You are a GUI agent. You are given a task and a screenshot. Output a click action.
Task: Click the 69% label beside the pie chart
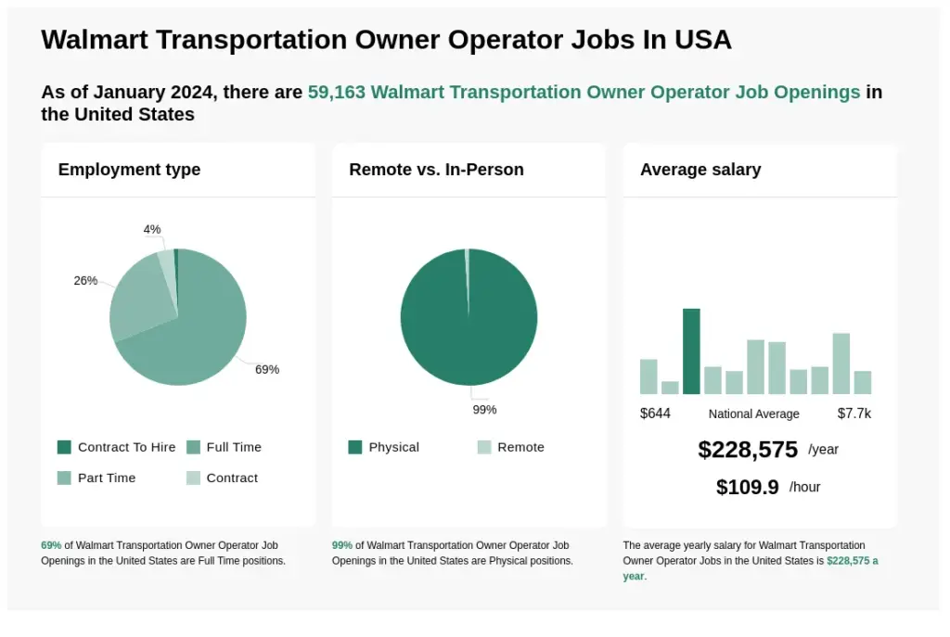pyautogui.click(x=267, y=369)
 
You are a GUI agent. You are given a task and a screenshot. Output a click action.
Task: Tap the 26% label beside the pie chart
pyautogui.click(x=85, y=281)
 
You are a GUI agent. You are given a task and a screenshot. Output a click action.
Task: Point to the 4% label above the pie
pyautogui.click(x=152, y=229)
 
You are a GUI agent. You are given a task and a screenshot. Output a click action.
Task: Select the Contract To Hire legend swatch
pyautogui.click(x=64, y=447)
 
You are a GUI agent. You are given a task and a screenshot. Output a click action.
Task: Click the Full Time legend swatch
pyautogui.click(x=193, y=447)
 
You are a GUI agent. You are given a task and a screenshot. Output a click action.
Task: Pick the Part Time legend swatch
pyautogui.click(x=64, y=478)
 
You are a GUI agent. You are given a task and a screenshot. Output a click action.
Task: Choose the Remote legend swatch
pyautogui.click(x=484, y=447)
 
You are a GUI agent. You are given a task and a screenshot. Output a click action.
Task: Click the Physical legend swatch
pyautogui.click(x=355, y=447)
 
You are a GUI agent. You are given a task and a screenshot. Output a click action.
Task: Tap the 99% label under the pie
pyautogui.click(x=484, y=410)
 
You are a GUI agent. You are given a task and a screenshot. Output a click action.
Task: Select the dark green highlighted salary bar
pyautogui.click(x=691, y=350)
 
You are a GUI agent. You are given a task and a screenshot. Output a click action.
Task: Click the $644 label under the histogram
pyautogui.click(x=655, y=414)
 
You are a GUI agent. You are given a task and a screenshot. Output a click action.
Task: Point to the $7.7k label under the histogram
pyautogui.click(x=854, y=414)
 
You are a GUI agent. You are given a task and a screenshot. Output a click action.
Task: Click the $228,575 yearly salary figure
pyautogui.click(x=748, y=450)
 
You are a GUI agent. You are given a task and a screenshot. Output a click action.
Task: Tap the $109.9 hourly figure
pyautogui.click(x=747, y=488)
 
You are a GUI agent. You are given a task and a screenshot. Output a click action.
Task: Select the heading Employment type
pyautogui.click(x=129, y=170)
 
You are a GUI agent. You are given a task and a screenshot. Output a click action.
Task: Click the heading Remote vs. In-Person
pyautogui.click(x=436, y=170)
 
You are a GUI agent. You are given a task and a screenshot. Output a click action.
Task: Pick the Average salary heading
pyautogui.click(x=700, y=170)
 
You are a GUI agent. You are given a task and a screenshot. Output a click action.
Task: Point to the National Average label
pyautogui.click(x=753, y=414)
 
